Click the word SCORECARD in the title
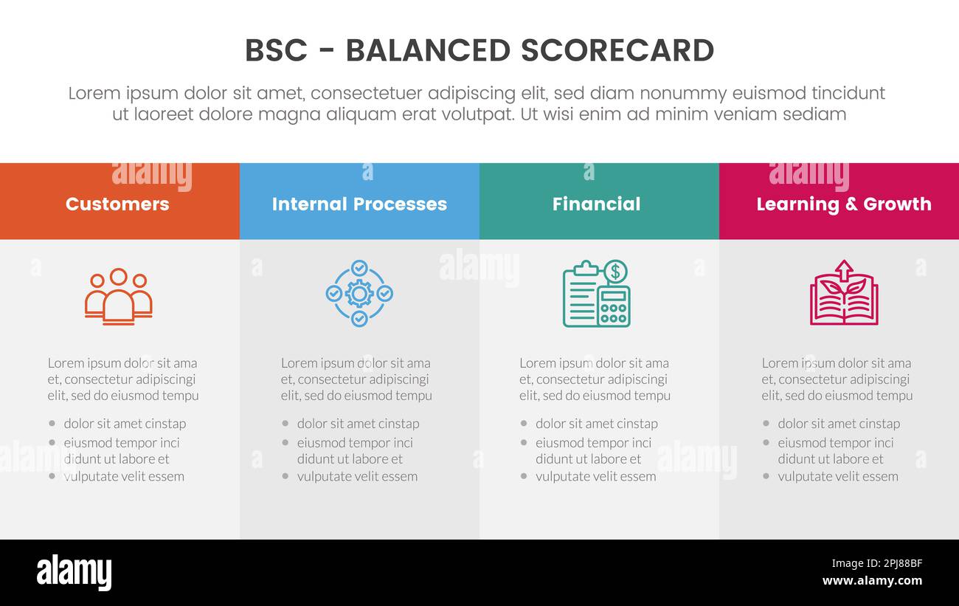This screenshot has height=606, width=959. [617, 51]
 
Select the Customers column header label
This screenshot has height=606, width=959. [117, 204]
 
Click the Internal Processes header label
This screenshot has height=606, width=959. [359, 204]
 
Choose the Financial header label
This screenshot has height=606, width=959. [596, 204]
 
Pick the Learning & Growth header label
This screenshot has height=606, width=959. [843, 204]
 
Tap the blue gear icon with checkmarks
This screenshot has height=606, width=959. [359, 294]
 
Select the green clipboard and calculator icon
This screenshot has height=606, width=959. [595, 294]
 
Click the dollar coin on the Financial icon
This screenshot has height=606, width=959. [614, 272]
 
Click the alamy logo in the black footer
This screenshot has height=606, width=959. [74, 573]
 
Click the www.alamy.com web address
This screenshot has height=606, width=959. [872, 581]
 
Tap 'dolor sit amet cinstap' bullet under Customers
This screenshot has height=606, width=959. [125, 424]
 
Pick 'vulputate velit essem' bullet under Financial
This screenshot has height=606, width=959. [595, 477]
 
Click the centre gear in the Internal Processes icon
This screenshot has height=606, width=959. [359, 294]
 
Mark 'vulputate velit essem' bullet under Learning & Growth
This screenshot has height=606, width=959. [837, 477]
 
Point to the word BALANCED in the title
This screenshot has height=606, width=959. [427, 51]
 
